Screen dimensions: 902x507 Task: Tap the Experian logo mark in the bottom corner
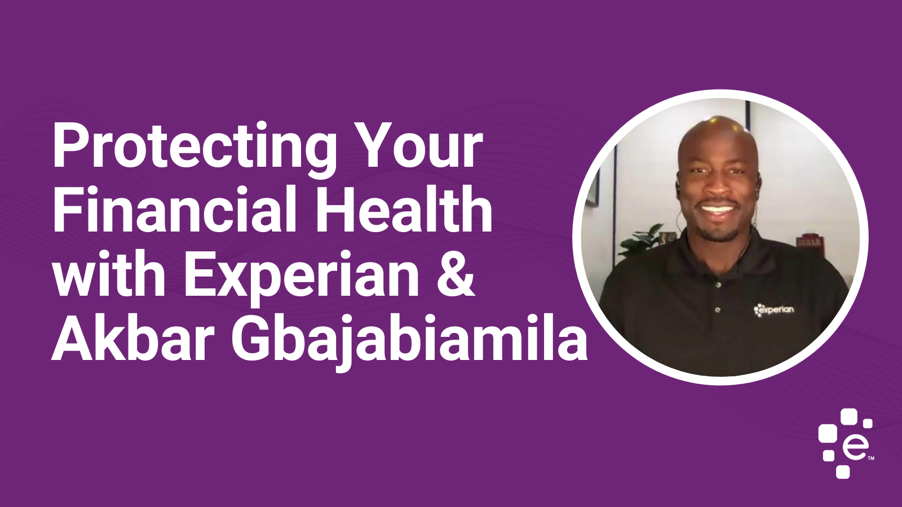[x=846, y=443]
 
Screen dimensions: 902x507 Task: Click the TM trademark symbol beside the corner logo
[x=870, y=458]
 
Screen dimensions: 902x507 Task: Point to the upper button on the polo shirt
[x=718, y=285]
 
